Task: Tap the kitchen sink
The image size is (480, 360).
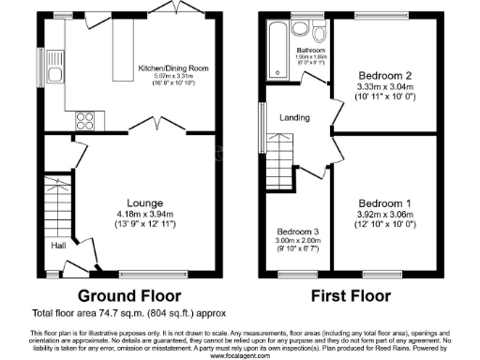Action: click(55, 73)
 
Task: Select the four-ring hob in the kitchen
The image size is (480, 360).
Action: click(82, 119)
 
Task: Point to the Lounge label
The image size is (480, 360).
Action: click(146, 202)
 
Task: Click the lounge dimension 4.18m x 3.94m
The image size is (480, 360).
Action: click(147, 214)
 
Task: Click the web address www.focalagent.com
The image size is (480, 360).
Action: click(240, 355)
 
